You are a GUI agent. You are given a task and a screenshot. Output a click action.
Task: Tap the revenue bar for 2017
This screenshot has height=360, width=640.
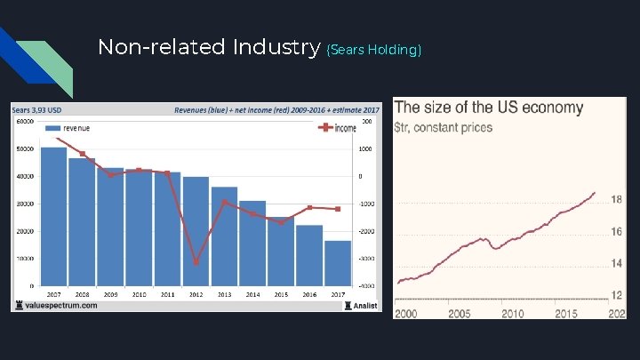coord(338,263)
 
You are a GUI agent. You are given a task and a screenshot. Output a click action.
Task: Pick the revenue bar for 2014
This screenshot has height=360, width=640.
coord(252,243)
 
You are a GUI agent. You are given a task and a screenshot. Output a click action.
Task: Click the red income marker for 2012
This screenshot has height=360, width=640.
coord(196,262)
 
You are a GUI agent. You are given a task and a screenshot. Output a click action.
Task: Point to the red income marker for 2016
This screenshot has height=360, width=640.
coord(309,207)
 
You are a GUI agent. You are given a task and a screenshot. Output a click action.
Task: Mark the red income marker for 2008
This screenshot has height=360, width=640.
coord(83,154)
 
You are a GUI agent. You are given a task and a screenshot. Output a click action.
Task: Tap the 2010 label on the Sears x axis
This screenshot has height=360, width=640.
coord(139,293)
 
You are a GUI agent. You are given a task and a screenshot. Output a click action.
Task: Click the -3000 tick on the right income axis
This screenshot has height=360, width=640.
coord(367,259)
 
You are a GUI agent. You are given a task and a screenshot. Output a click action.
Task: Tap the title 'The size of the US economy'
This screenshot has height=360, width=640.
coord(489,108)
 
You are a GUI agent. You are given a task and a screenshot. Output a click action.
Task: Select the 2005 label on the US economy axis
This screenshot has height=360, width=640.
coord(460,313)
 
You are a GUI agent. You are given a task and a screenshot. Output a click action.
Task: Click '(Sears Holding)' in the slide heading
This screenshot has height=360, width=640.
coord(373,50)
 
